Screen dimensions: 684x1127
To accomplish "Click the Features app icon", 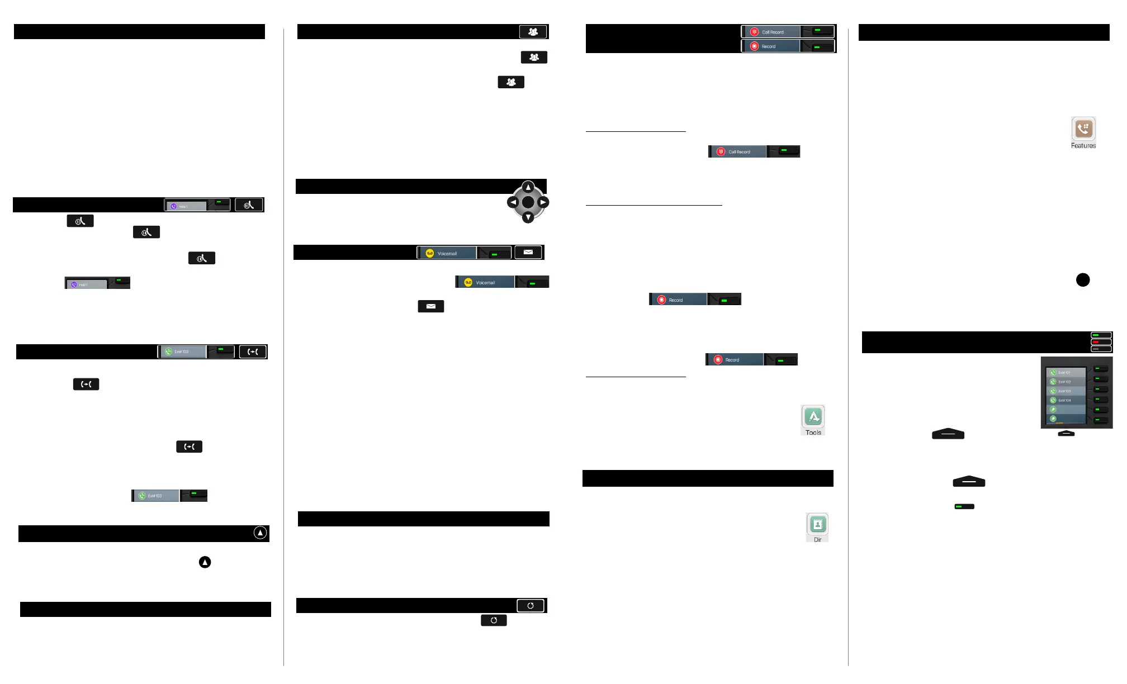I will (x=1083, y=129).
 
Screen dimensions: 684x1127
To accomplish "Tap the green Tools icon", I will (x=813, y=416).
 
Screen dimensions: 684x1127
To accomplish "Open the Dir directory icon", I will (x=817, y=524).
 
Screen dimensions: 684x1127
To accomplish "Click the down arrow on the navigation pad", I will (x=528, y=217).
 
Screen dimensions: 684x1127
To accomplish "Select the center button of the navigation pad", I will (x=528, y=202).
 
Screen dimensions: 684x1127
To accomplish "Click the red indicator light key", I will (x=1101, y=342).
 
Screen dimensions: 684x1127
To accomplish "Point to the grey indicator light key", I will (x=1101, y=349).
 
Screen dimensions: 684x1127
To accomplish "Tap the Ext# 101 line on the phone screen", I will (x=1065, y=372).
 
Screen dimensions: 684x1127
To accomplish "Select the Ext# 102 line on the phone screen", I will (x=1065, y=382).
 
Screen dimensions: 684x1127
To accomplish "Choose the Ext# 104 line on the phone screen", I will (x=1065, y=400).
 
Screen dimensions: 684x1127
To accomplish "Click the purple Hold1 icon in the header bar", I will (x=174, y=206).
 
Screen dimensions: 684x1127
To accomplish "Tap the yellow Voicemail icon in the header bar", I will (x=429, y=253).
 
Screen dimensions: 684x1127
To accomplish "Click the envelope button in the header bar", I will (x=528, y=253).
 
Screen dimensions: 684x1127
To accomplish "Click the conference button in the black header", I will (x=533, y=32).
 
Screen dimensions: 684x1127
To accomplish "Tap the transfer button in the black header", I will (x=253, y=351).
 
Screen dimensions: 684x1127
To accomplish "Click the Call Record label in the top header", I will (x=773, y=32).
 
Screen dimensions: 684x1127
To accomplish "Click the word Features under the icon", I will (x=1083, y=146).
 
